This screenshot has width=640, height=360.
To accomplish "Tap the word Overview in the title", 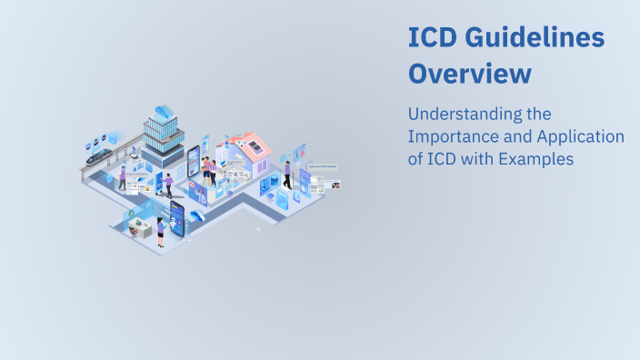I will pos(469,73).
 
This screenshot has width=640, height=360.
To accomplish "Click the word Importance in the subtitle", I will pos(454,137).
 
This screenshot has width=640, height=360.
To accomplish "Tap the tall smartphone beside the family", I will pos(194,165).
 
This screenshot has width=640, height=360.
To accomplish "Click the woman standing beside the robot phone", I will pos(161,233).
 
